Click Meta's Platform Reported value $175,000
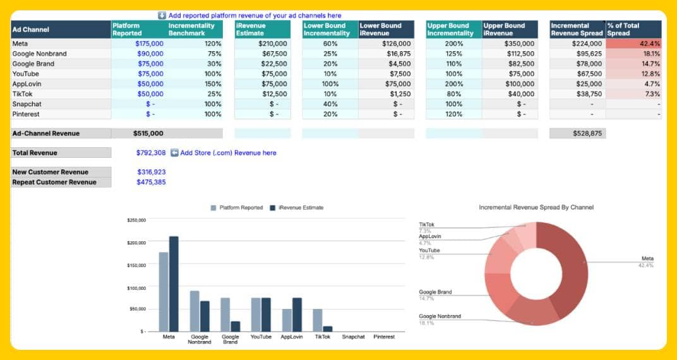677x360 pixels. pyautogui.click(x=149, y=44)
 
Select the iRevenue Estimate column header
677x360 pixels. pyautogui.click(x=262, y=29)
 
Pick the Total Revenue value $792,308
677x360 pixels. pyautogui.click(x=151, y=153)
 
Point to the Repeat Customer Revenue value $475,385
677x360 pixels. pyautogui.click(x=151, y=182)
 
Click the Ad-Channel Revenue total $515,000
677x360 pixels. pyautogui.click(x=148, y=133)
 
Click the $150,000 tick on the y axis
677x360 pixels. pyautogui.click(x=136, y=265)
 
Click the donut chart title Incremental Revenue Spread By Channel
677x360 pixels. pyautogui.click(x=536, y=207)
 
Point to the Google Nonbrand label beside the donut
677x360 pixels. pyautogui.click(x=440, y=316)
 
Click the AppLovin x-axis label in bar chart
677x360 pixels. pyautogui.click(x=292, y=337)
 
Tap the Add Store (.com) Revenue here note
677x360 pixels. pyautogui.click(x=228, y=153)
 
